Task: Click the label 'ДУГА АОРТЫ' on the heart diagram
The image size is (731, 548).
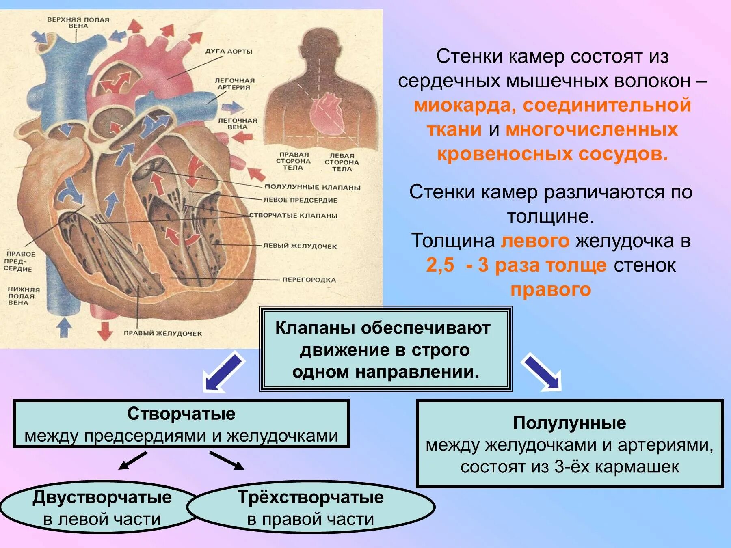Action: click(x=229, y=52)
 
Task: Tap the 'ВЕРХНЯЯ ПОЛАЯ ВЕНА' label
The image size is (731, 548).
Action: click(x=78, y=23)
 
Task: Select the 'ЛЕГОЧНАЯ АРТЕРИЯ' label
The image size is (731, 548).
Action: click(x=234, y=84)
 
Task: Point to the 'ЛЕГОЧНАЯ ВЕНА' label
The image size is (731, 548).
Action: click(x=238, y=124)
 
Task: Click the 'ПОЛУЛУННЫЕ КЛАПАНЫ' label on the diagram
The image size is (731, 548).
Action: click(x=312, y=187)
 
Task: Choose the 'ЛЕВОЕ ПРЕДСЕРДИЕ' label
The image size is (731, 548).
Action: click(x=300, y=200)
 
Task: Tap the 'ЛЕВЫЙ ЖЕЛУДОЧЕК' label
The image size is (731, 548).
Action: click(x=300, y=246)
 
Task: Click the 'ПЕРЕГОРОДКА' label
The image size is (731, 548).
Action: click(x=309, y=280)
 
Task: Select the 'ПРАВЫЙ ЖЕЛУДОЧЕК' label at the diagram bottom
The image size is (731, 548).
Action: click(x=162, y=333)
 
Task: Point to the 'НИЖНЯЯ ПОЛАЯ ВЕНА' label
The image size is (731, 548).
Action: click(x=24, y=296)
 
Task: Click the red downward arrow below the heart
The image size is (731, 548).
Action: click(x=105, y=330)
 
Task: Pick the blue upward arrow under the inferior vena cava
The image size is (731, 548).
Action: click(x=64, y=327)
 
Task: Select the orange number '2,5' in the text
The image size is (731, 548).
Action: click(x=440, y=265)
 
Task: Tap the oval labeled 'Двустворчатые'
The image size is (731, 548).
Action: click(x=102, y=507)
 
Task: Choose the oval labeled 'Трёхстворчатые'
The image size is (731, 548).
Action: click(x=311, y=507)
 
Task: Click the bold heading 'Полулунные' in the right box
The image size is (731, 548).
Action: click(x=569, y=423)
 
